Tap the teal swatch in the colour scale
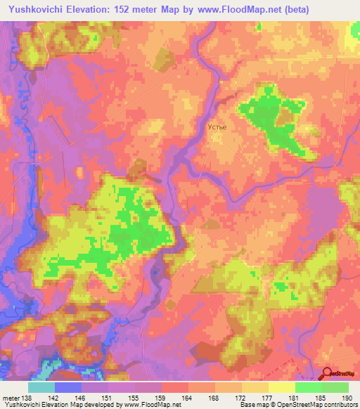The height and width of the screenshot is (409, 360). click(x=41, y=388)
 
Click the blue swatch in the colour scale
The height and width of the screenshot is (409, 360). click(x=68, y=388)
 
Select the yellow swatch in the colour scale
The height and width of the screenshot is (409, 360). click(x=281, y=388)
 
